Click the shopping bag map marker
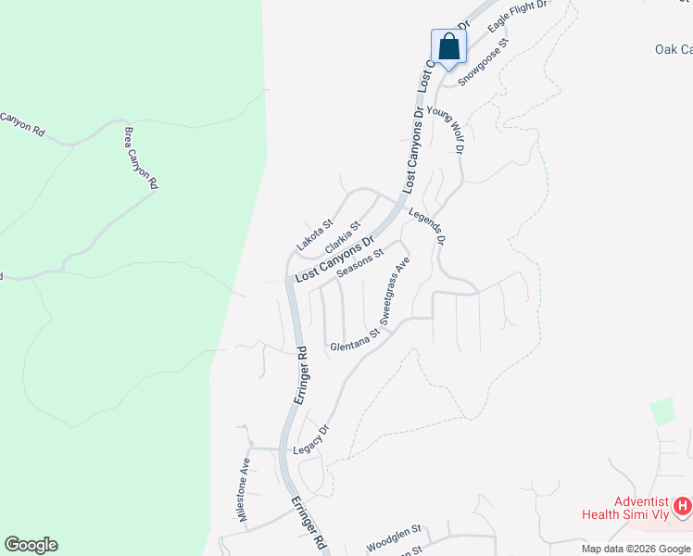pyautogui.click(x=448, y=46)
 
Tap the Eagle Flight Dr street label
pyautogui.click(x=518, y=18)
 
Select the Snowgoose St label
pyautogui.click(x=484, y=62)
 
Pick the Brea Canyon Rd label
pyautogui.click(x=140, y=158)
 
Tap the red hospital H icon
pyautogui.click(x=683, y=506)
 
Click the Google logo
pyautogui.click(x=31, y=545)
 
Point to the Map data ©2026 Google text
pyautogui.click(x=636, y=549)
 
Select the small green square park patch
pyautogui.click(x=661, y=411)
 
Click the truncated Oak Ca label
pyautogui.click(x=673, y=49)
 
